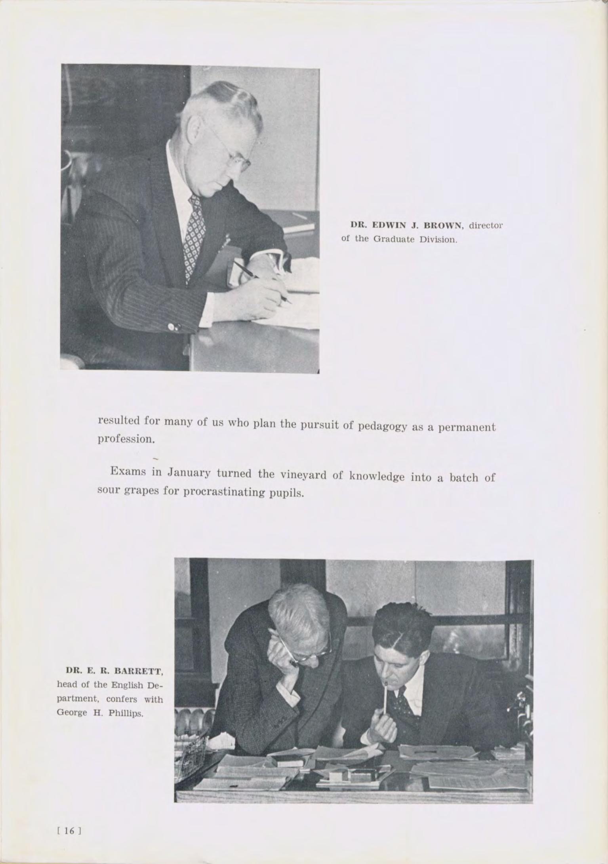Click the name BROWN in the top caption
(444, 226)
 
